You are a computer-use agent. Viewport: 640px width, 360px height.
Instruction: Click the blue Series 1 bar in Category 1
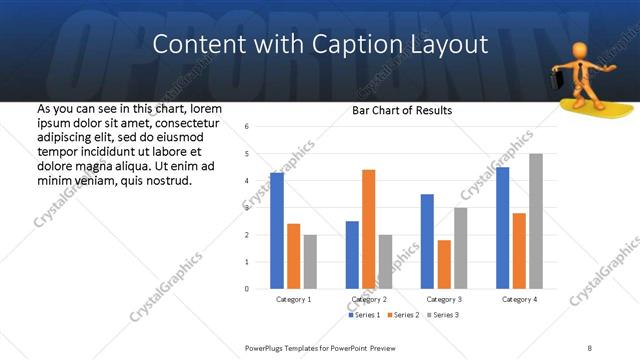click(277, 231)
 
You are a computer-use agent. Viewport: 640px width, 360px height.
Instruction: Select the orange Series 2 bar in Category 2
click(369, 229)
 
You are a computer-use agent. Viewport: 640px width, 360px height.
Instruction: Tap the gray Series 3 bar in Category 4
click(536, 221)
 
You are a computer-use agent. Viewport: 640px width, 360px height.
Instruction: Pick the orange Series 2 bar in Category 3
click(444, 264)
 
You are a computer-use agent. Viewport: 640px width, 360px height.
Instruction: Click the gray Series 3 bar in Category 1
click(311, 262)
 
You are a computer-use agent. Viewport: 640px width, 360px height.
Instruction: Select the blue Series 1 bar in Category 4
click(502, 228)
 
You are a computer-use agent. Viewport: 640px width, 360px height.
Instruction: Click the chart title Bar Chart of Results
click(402, 110)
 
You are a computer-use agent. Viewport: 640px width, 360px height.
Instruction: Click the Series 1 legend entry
click(361, 315)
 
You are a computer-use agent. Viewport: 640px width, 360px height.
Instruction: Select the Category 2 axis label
click(369, 300)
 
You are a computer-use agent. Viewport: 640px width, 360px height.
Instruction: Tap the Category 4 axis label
click(519, 300)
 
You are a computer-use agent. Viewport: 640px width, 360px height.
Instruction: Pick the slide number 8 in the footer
click(590, 347)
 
